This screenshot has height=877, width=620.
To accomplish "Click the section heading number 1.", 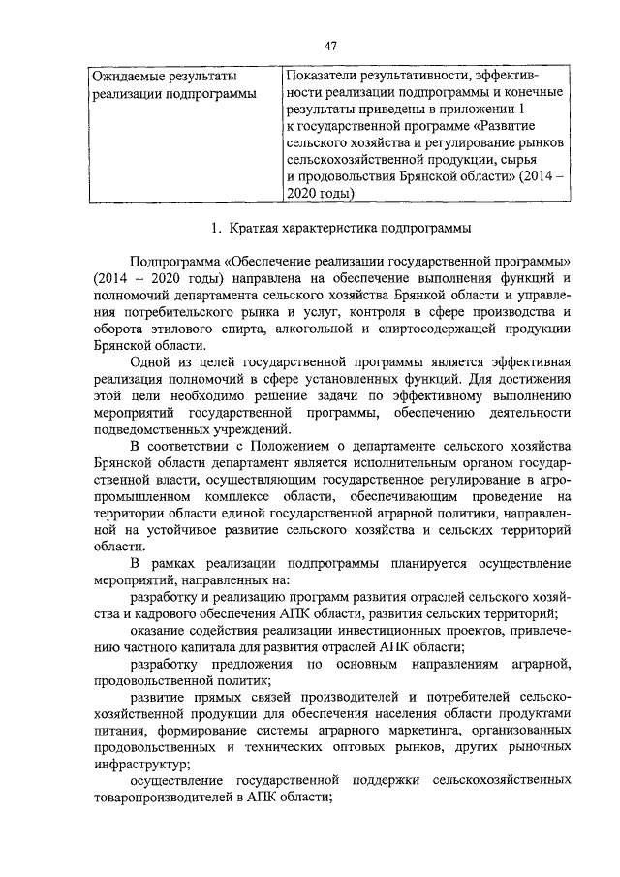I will pos(216,229).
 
